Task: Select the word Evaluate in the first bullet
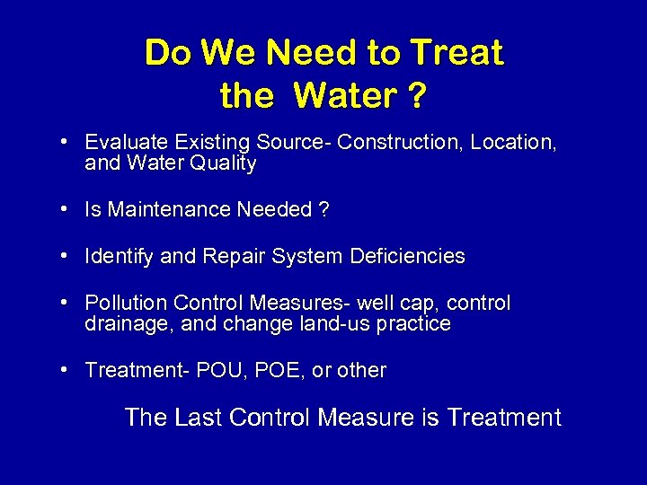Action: click(123, 142)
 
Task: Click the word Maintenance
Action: click(169, 210)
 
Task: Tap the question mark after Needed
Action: click(323, 210)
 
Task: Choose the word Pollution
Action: click(126, 303)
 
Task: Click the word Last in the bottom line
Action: click(195, 418)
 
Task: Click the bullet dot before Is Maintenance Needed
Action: click(66, 210)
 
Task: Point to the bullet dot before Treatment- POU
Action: click(66, 370)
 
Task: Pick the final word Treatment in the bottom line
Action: click(504, 418)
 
